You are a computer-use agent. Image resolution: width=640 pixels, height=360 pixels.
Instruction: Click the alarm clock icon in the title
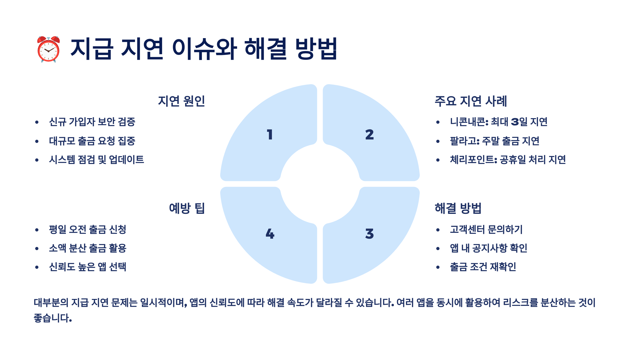(x=49, y=49)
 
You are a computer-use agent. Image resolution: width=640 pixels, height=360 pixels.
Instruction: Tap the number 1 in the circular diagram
(x=270, y=134)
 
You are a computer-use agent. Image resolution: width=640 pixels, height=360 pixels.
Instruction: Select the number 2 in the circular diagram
(x=370, y=134)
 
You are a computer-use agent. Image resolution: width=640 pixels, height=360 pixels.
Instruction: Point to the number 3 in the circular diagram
(x=370, y=234)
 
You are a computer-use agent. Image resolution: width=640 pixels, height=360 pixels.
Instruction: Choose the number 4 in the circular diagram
(x=270, y=234)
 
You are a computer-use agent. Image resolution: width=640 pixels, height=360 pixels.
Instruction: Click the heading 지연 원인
(x=181, y=101)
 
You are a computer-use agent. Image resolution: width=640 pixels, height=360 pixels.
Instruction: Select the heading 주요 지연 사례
(x=471, y=101)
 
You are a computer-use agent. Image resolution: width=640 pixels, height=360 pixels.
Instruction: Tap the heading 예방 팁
(x=187, y=208)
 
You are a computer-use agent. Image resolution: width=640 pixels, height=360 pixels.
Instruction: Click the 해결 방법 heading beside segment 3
(x=458, y=208)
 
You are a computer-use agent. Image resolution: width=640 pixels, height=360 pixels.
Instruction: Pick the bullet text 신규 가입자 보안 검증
(x=92, y=122)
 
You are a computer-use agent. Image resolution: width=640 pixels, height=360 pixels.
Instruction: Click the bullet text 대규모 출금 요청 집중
(x=92, y=141)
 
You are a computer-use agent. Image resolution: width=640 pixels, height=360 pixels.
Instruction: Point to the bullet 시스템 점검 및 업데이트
(x=96, y=160)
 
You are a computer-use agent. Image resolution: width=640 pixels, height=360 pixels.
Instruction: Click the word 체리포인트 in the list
(x=472, y=160)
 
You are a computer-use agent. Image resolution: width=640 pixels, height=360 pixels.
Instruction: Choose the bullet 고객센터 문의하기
(x=486, y=229)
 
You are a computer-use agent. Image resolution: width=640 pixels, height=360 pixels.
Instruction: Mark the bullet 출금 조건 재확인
(x=483, y=267)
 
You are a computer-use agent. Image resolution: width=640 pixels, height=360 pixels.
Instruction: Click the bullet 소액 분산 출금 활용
(x=87, y=248)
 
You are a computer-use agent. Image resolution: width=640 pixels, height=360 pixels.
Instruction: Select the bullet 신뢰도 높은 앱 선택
(x=87, y=267)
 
